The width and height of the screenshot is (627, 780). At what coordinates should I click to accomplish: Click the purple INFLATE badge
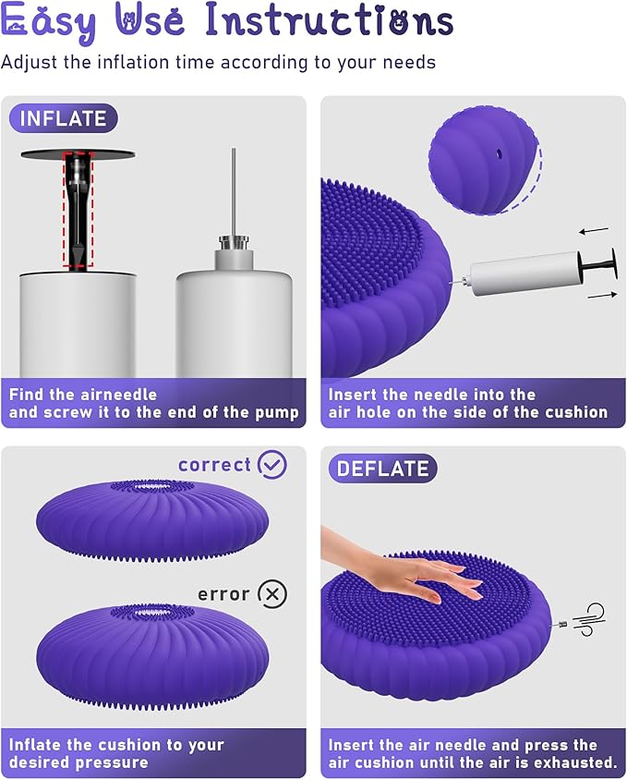[x=64, y=118]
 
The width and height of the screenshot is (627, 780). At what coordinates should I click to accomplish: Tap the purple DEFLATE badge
[x=382, y=469]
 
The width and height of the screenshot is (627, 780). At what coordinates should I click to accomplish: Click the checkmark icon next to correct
[x=272, y=465]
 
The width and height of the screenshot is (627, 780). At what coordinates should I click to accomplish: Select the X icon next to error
[x=271, y=593]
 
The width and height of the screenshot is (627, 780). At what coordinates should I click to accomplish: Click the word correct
[x=214, y=465]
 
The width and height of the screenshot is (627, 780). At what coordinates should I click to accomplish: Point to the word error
[x=223, y=593]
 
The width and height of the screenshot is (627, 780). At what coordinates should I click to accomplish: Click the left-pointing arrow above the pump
[x=595, y=230]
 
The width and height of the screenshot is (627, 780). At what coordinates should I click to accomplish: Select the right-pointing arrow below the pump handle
[x=601, y=295]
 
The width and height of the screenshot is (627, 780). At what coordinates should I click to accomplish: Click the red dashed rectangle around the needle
[x=78, y=211]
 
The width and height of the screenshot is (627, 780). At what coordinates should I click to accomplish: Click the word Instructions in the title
[x=329, y=20]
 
